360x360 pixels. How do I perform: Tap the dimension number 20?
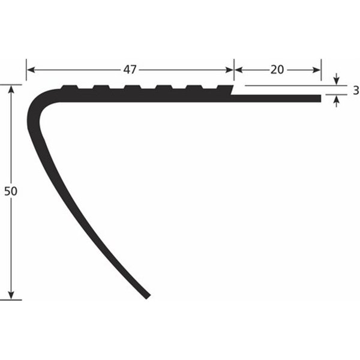(277, 70)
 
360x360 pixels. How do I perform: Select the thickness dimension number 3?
(355, 91)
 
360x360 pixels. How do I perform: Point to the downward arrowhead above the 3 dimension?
(337, 82)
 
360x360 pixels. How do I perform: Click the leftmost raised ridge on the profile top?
(71, 88)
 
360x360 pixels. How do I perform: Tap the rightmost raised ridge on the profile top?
(224, 88)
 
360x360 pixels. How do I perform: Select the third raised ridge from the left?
(133, 88)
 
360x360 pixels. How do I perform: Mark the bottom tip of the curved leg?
(146, 296)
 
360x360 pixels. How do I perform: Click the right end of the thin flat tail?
(319, 98)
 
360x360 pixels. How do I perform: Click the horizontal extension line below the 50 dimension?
(12, 299)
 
